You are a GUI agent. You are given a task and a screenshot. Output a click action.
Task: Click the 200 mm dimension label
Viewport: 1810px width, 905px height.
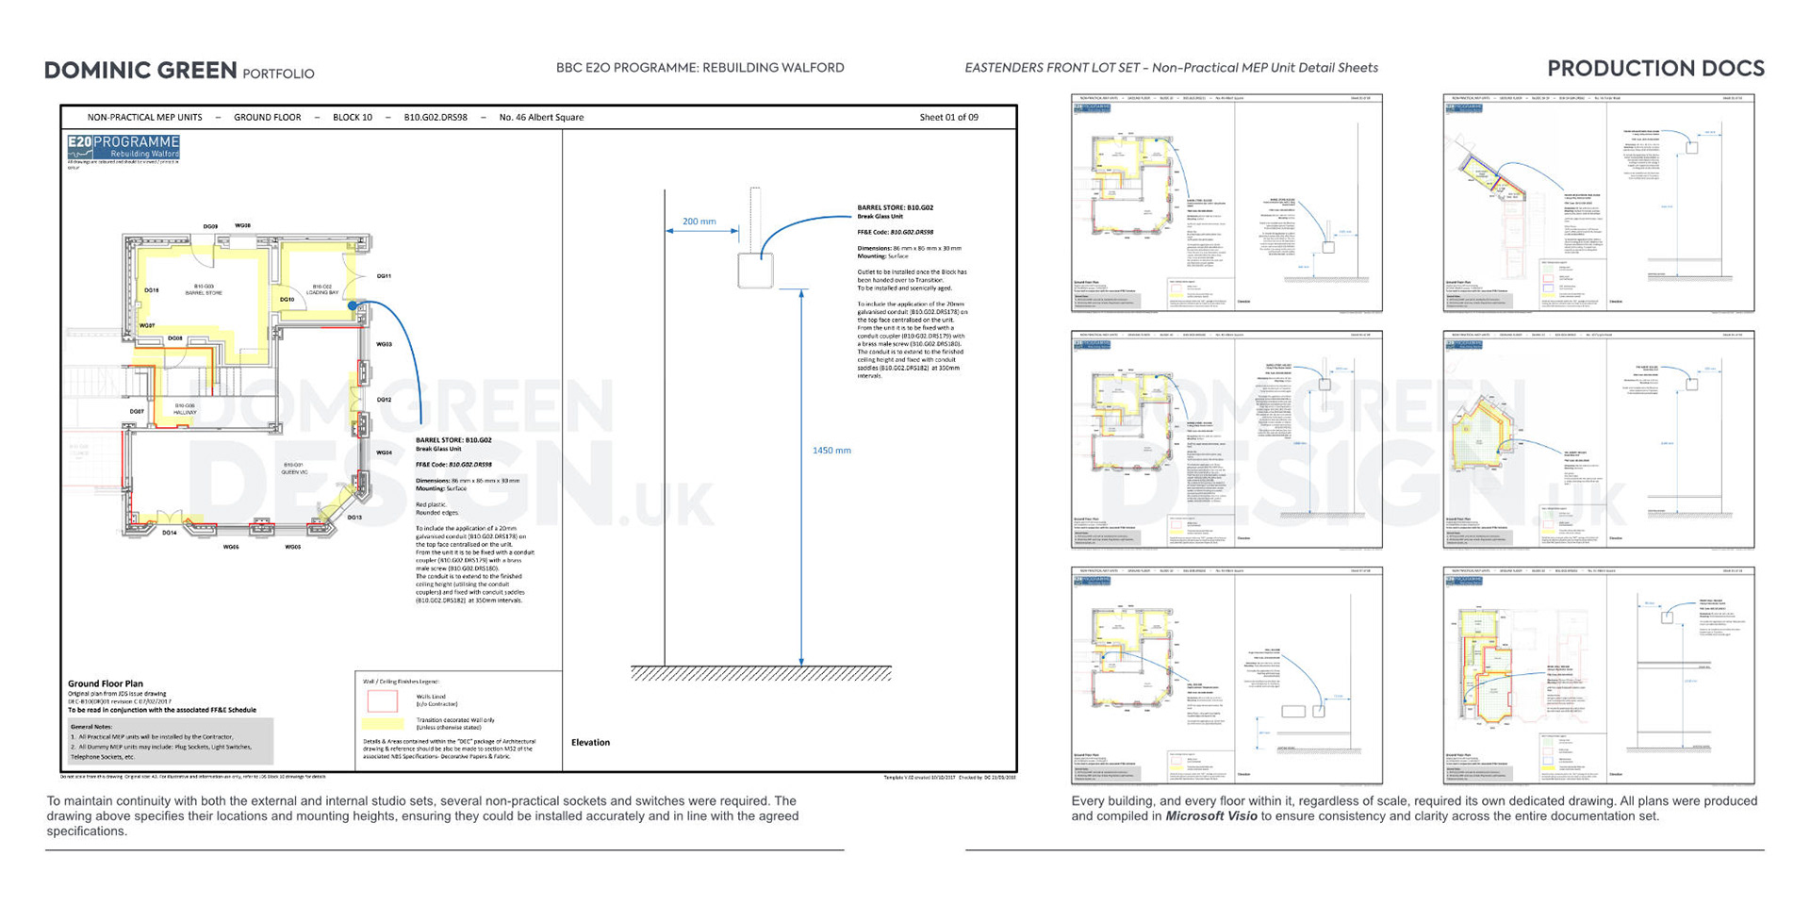pos(699,222)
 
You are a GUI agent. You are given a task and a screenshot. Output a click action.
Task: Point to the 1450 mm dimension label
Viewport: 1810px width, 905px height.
pos(831,451)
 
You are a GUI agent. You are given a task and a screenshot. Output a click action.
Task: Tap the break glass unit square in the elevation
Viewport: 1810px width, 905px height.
pos(755,271)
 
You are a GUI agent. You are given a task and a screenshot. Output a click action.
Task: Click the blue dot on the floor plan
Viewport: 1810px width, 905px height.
pos(353,305)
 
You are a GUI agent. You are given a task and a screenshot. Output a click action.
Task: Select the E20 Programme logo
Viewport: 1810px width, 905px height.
pos(123,147)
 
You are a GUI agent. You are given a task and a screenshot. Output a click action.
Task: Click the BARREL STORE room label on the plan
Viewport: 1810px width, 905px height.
pos(204,289)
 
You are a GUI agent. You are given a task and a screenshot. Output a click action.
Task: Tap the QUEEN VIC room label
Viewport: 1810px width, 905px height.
pos(294,469)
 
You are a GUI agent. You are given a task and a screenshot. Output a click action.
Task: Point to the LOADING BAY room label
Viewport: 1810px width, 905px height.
pos(322,289)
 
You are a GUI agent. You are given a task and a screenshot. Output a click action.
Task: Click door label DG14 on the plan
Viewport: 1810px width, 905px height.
pos(169,533)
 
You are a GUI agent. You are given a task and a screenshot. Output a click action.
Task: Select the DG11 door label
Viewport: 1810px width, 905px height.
pos(384,276)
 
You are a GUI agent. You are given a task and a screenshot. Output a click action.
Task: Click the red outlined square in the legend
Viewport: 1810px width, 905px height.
pos(382,700)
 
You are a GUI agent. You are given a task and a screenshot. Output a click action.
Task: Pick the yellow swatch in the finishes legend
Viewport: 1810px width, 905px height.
pos(382,723)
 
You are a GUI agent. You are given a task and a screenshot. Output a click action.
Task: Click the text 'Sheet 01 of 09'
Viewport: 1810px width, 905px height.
pos(948,118)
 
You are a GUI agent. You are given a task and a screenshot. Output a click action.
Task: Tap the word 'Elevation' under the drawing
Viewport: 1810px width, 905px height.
pos(590,743)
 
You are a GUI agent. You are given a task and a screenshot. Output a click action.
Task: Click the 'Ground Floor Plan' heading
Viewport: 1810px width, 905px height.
pos(106,683)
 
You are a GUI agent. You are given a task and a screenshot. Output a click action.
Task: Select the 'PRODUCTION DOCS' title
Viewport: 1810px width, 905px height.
pos(1655,69)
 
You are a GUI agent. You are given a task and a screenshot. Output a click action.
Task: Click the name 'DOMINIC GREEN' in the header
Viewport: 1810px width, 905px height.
pos(140,71)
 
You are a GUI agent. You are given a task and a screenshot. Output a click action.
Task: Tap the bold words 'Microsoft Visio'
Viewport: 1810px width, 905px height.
pos(1210,816)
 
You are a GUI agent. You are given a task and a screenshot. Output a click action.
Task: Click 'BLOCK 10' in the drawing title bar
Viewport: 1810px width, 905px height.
pos(353,118)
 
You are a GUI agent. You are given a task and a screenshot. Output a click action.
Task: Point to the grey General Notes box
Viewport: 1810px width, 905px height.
pos(171,742)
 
